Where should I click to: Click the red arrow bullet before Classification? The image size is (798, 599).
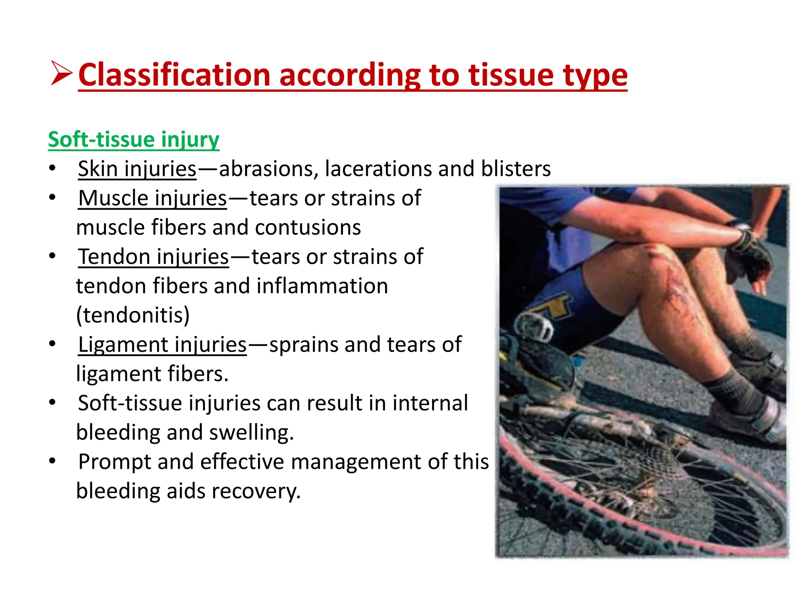pyautogui.click(x=61, y=73)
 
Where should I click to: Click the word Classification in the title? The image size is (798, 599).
pyautogui.click(x=174, y=75)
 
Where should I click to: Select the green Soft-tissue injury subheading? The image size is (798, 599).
pyautogui.click(x=134, y=140)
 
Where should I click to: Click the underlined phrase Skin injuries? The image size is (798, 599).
pyautogui.click(x=137, y=169)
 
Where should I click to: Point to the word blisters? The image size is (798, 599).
pyautogui.click(x=516, y=169)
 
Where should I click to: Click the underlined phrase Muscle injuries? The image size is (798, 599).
pyautogui.click(x=152, y=198)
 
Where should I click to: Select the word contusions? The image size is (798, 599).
pyautogui.click(x=308, y=227)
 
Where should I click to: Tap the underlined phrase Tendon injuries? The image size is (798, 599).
pyautogui.click(x=154, y=257)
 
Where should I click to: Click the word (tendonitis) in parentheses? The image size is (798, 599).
pyautogui.click(x=133, y=315)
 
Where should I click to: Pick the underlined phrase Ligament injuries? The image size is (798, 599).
pyautogui.click(x=162, y=345)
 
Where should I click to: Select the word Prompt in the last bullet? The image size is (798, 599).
pyautogui.click(x=114, y=462)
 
